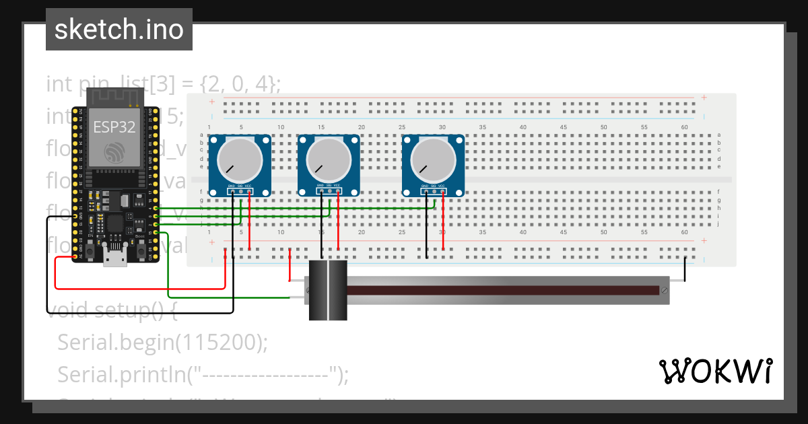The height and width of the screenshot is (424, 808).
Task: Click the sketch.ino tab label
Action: (x=119, y=30)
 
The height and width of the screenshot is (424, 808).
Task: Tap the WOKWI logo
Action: (x=715, y=371)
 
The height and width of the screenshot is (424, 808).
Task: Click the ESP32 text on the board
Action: (x=112, y=128)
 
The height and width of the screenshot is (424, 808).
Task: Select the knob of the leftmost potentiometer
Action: (x=240, y=162)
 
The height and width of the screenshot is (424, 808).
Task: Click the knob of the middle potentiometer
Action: (x=329, y=162)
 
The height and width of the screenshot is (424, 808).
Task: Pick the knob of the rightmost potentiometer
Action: (x=433, y=162)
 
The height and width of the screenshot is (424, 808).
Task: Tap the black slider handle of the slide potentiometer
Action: (x=328, y=290)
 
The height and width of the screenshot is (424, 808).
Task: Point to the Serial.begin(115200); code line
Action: (x=162, y=343)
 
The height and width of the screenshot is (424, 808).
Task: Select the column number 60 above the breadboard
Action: (x=685, y=127)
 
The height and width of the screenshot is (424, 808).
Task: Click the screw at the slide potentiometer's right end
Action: (x=665, y=290)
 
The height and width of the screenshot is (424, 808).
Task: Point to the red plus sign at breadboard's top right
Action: (x=704, y=98)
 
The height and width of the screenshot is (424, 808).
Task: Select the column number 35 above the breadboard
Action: (x=483, y=127)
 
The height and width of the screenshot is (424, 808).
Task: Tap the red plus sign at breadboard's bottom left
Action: (x=211, y=242)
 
